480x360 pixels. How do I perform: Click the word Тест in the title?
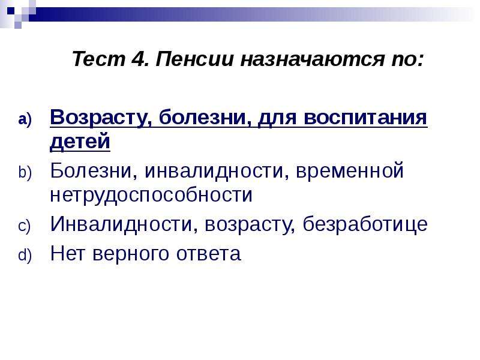(x=99, y=59)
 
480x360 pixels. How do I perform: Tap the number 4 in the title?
(x=140, y=59)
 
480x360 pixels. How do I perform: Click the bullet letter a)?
(x=25, y=119)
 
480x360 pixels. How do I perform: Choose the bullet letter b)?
(x=25, y=172)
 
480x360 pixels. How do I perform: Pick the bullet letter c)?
(x=24, y=227)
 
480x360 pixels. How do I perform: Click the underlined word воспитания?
(x=365, y=117)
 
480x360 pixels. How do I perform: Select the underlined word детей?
(x=80, y=142)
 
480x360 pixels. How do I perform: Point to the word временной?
(x=349, y=171)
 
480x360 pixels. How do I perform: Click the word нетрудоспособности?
(x=151, y=194)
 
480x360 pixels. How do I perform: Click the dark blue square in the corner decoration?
(x=11, y=11)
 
